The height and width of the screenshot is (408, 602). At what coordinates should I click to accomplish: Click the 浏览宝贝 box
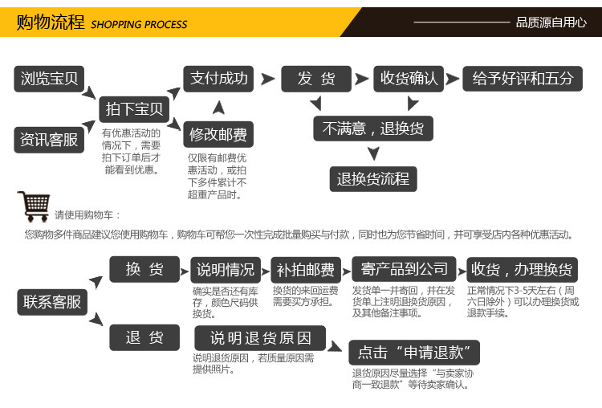pos(50,79)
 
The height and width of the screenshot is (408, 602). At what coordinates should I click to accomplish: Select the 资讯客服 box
pos(50,139)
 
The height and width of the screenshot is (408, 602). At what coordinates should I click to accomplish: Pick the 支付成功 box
pos(218,79)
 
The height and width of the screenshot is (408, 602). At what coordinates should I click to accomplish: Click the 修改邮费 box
pos(218,134)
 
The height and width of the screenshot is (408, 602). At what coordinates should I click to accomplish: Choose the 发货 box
pos(316,79)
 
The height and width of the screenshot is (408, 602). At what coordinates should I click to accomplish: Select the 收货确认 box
pos(409,79)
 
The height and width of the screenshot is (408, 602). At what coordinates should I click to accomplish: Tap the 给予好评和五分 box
pos(523,79)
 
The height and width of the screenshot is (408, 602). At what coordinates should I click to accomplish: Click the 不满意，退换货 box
pos(373,129)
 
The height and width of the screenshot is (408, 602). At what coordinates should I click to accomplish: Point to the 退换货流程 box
pos(373,178)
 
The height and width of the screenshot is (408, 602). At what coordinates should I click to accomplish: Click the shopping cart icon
pos(33,206)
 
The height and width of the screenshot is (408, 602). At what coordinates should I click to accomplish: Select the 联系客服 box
pos(52,302)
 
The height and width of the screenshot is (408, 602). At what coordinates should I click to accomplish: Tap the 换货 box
pos(144,270)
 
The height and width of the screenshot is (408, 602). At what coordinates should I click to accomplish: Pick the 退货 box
pos(144,337)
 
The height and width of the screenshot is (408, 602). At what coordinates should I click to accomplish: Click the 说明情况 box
pos(226,270)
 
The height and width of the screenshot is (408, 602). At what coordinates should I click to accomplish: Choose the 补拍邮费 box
pos(306,270)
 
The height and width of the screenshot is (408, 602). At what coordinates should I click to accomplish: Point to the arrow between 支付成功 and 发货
pos(268,79)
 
